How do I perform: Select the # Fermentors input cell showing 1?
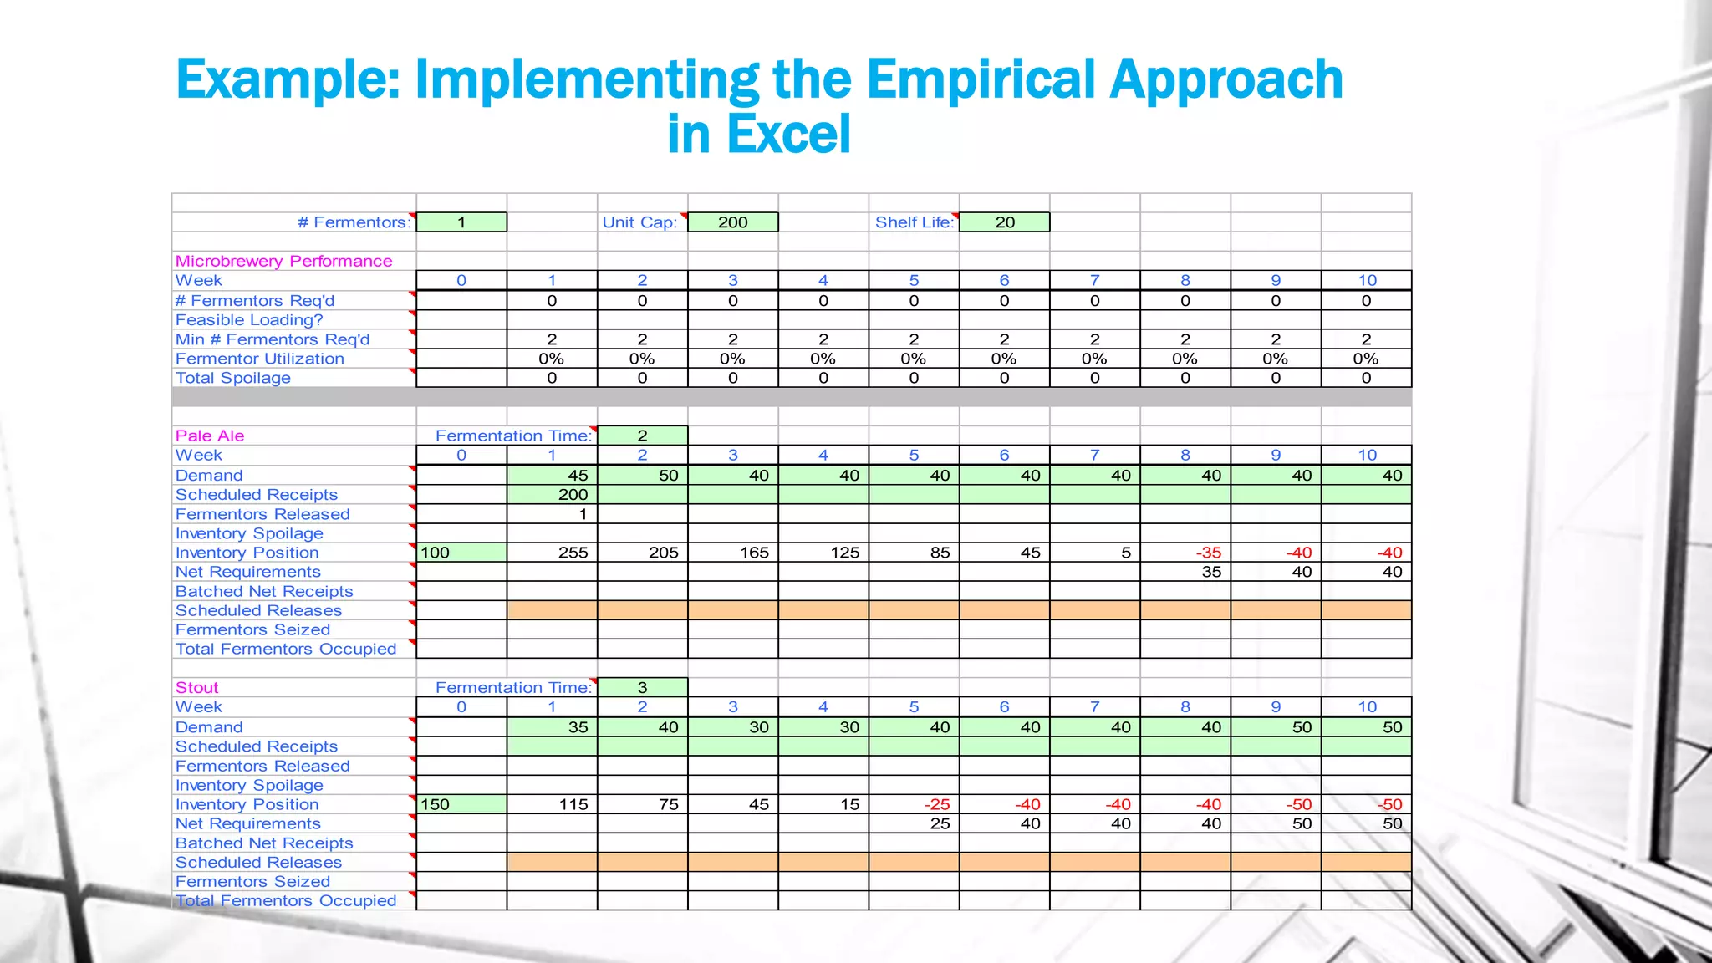pyautogui.click(x=461, y=222)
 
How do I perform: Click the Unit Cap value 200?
pyautogui.click(x=732, y=222)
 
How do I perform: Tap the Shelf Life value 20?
pyautogui.click(x=1004, y=222)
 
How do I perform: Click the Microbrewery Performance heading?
pyautogui.click(x=283, y=261)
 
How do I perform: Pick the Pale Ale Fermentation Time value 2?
pyautogui.click(x=642, y=436)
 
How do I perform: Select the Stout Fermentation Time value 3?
pyautogui.click(x=642, y=687)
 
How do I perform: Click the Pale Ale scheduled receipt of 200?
pyautogui.click(x=573, y=494)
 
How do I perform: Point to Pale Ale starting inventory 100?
pyautogui.click(x=436, y=553)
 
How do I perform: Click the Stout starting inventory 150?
pyautogui.click(x=436, y=804)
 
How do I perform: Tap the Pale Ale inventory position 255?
pyautogui.click(x=573, y=553)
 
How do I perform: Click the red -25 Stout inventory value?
pyautogui.click(x=937, y=804)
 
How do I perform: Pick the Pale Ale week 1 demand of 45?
pyautogui.click(x=578, y=475)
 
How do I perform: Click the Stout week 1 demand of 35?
pyautogui.click(x=578, y=727)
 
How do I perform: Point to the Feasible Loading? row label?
pyautogui.click(x=249, y=320)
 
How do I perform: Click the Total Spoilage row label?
pyautogui.click(x=233, y=378)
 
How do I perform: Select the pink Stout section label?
pyautogui.click(x=196, y=687)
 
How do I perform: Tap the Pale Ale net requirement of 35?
pyautogui.click(x=1211, y=572)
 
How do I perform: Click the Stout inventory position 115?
pyautogui.click(x=573, y=804)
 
